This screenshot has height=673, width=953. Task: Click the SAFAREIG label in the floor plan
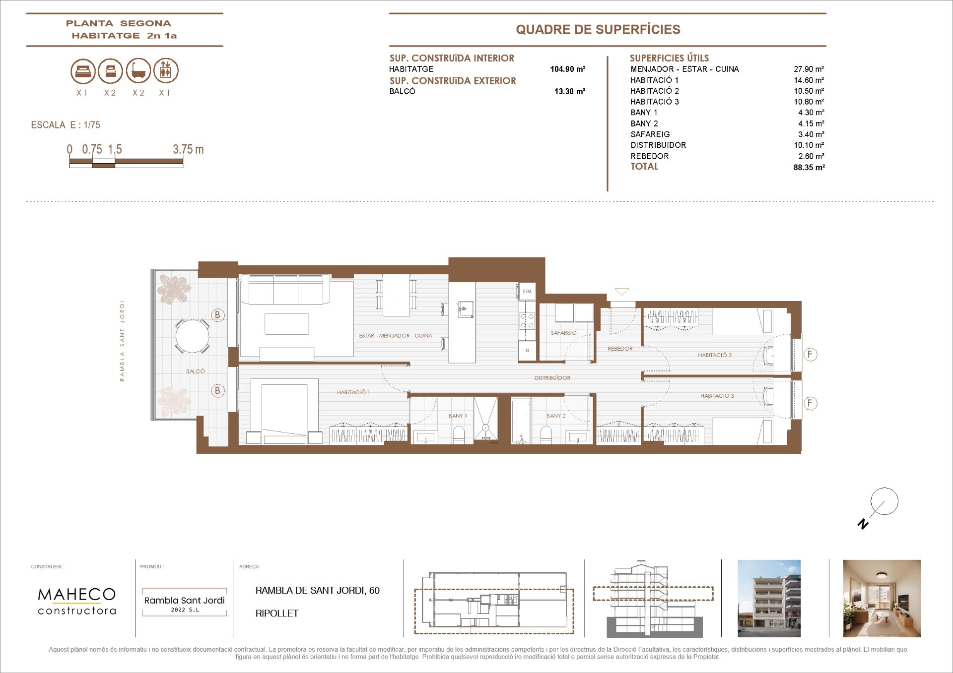pyautogui.click(x=563, y=333)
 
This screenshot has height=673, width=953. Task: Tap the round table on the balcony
pyautogui.click(x=192, y=336)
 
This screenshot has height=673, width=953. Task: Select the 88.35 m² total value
pyautogui.click(x=809, y=168)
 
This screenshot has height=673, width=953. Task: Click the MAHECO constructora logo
pyautogui.click(x=77, y=601)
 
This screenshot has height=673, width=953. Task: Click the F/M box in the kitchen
pyautogui.click(x=527, y=292)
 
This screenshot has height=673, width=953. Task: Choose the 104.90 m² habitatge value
pyautogui.click(x=567, y=69)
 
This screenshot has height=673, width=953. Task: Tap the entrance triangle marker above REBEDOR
pyautogui.click(x=621, y=292)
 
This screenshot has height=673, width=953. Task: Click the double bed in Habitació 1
pyautogui.click(x=284, y=411)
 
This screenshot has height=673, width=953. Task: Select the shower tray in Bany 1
pyautogui.click(x=485, y=419)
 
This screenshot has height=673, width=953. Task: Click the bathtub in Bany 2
pyautogui.click(x=521, y=420)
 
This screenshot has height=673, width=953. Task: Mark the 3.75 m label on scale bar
pyautogui.click(x=188, y=149)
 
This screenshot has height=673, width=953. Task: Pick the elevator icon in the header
pyautogui.click(x=166, y=70)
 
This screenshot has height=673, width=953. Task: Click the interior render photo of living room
pyautogui.click(x=882, y=598)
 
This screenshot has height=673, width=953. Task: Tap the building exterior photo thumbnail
pyautogui.click(x=769, y=598)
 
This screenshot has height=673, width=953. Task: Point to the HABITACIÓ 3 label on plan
pyautogui.click(x=717, y=396)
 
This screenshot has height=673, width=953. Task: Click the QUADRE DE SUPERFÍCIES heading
pyautogui.click(x=598, y=30)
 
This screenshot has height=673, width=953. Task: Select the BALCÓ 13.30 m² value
pyautogui.click(x=569, y=91)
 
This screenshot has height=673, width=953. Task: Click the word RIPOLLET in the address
pyautogui.click(x=277, y=613)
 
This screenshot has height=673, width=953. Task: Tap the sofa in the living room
pyautogui.click(x=285, y=290)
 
